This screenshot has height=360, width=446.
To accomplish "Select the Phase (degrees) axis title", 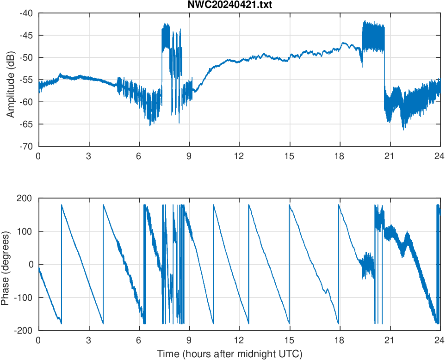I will point(6,264).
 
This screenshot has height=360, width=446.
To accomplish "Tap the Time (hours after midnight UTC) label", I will point(229,354).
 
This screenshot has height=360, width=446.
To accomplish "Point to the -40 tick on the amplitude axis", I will point(25,13).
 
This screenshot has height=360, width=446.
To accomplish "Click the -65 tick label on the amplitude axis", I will point(25,124).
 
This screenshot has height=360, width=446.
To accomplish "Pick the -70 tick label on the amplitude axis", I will point(25,146).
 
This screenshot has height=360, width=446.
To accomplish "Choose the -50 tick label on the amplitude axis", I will point(25,57).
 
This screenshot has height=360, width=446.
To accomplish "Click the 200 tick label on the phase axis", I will point(25,198).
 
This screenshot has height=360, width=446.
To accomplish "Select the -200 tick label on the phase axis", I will point(24,330).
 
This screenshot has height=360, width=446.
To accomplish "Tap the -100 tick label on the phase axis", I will point(24,298).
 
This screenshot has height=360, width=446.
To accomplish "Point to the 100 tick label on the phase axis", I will point(25,231).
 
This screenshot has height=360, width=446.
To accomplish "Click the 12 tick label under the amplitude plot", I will point(239,156).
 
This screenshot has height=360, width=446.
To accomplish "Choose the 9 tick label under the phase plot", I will point(189,340).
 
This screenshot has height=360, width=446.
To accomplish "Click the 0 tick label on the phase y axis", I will point(31,264).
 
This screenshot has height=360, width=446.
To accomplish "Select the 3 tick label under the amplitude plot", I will point(88,156).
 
